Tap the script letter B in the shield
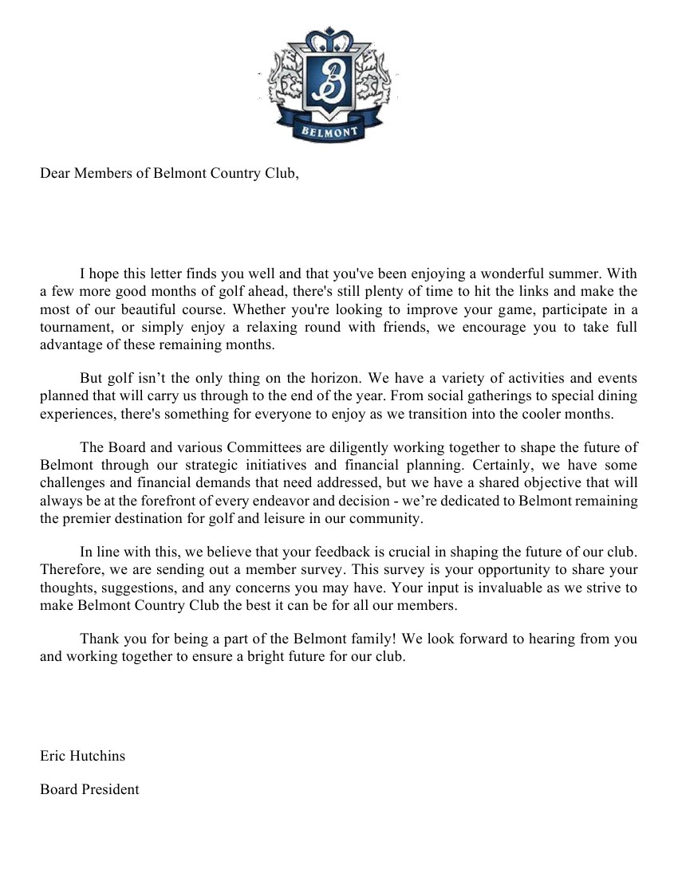click(329, 80)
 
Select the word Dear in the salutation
click(55, 174)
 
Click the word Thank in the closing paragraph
click(99, 639)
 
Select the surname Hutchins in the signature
click(98, 756)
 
